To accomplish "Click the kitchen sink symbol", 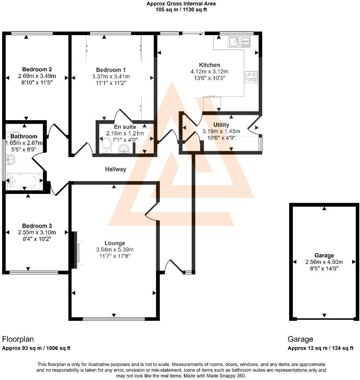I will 239,42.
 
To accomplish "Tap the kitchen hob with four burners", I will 251,77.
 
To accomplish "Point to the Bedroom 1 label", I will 111,70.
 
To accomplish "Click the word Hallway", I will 116,169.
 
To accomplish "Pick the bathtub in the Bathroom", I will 24,181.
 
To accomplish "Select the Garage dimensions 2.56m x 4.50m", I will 324,262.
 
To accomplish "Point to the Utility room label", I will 221,125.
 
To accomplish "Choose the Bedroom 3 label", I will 37,226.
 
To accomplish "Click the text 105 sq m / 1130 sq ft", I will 181,10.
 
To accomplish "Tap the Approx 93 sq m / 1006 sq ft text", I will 36,348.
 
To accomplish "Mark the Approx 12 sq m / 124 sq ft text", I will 320,348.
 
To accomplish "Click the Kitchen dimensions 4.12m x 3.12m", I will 209,72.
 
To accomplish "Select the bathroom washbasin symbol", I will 9,161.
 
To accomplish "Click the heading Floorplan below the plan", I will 18,339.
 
